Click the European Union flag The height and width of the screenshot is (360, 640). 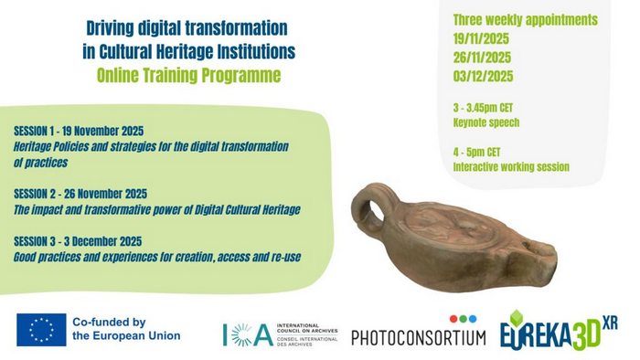tap(41, 329)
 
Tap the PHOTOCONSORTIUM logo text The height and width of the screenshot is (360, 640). tap(418, 337)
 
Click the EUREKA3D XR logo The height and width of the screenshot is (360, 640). tap(559, 331)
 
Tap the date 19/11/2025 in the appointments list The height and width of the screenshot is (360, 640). tap(481, 39)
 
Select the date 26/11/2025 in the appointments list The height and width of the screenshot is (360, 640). tap(481, 58)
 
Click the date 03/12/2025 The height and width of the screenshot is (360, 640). tap(482, 77)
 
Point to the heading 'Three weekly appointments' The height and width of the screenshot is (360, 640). tap(525, 20)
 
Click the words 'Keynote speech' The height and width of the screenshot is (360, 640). tap(485, 122)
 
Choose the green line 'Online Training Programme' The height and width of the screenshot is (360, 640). tap(188, 75)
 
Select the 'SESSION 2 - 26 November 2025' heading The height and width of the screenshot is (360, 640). tap(80, 195)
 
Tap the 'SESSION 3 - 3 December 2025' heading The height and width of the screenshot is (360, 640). tap(78, 242)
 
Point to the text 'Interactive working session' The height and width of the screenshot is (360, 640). tap(510, 167)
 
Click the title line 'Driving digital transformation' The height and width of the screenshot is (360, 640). tap(187, 29)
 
